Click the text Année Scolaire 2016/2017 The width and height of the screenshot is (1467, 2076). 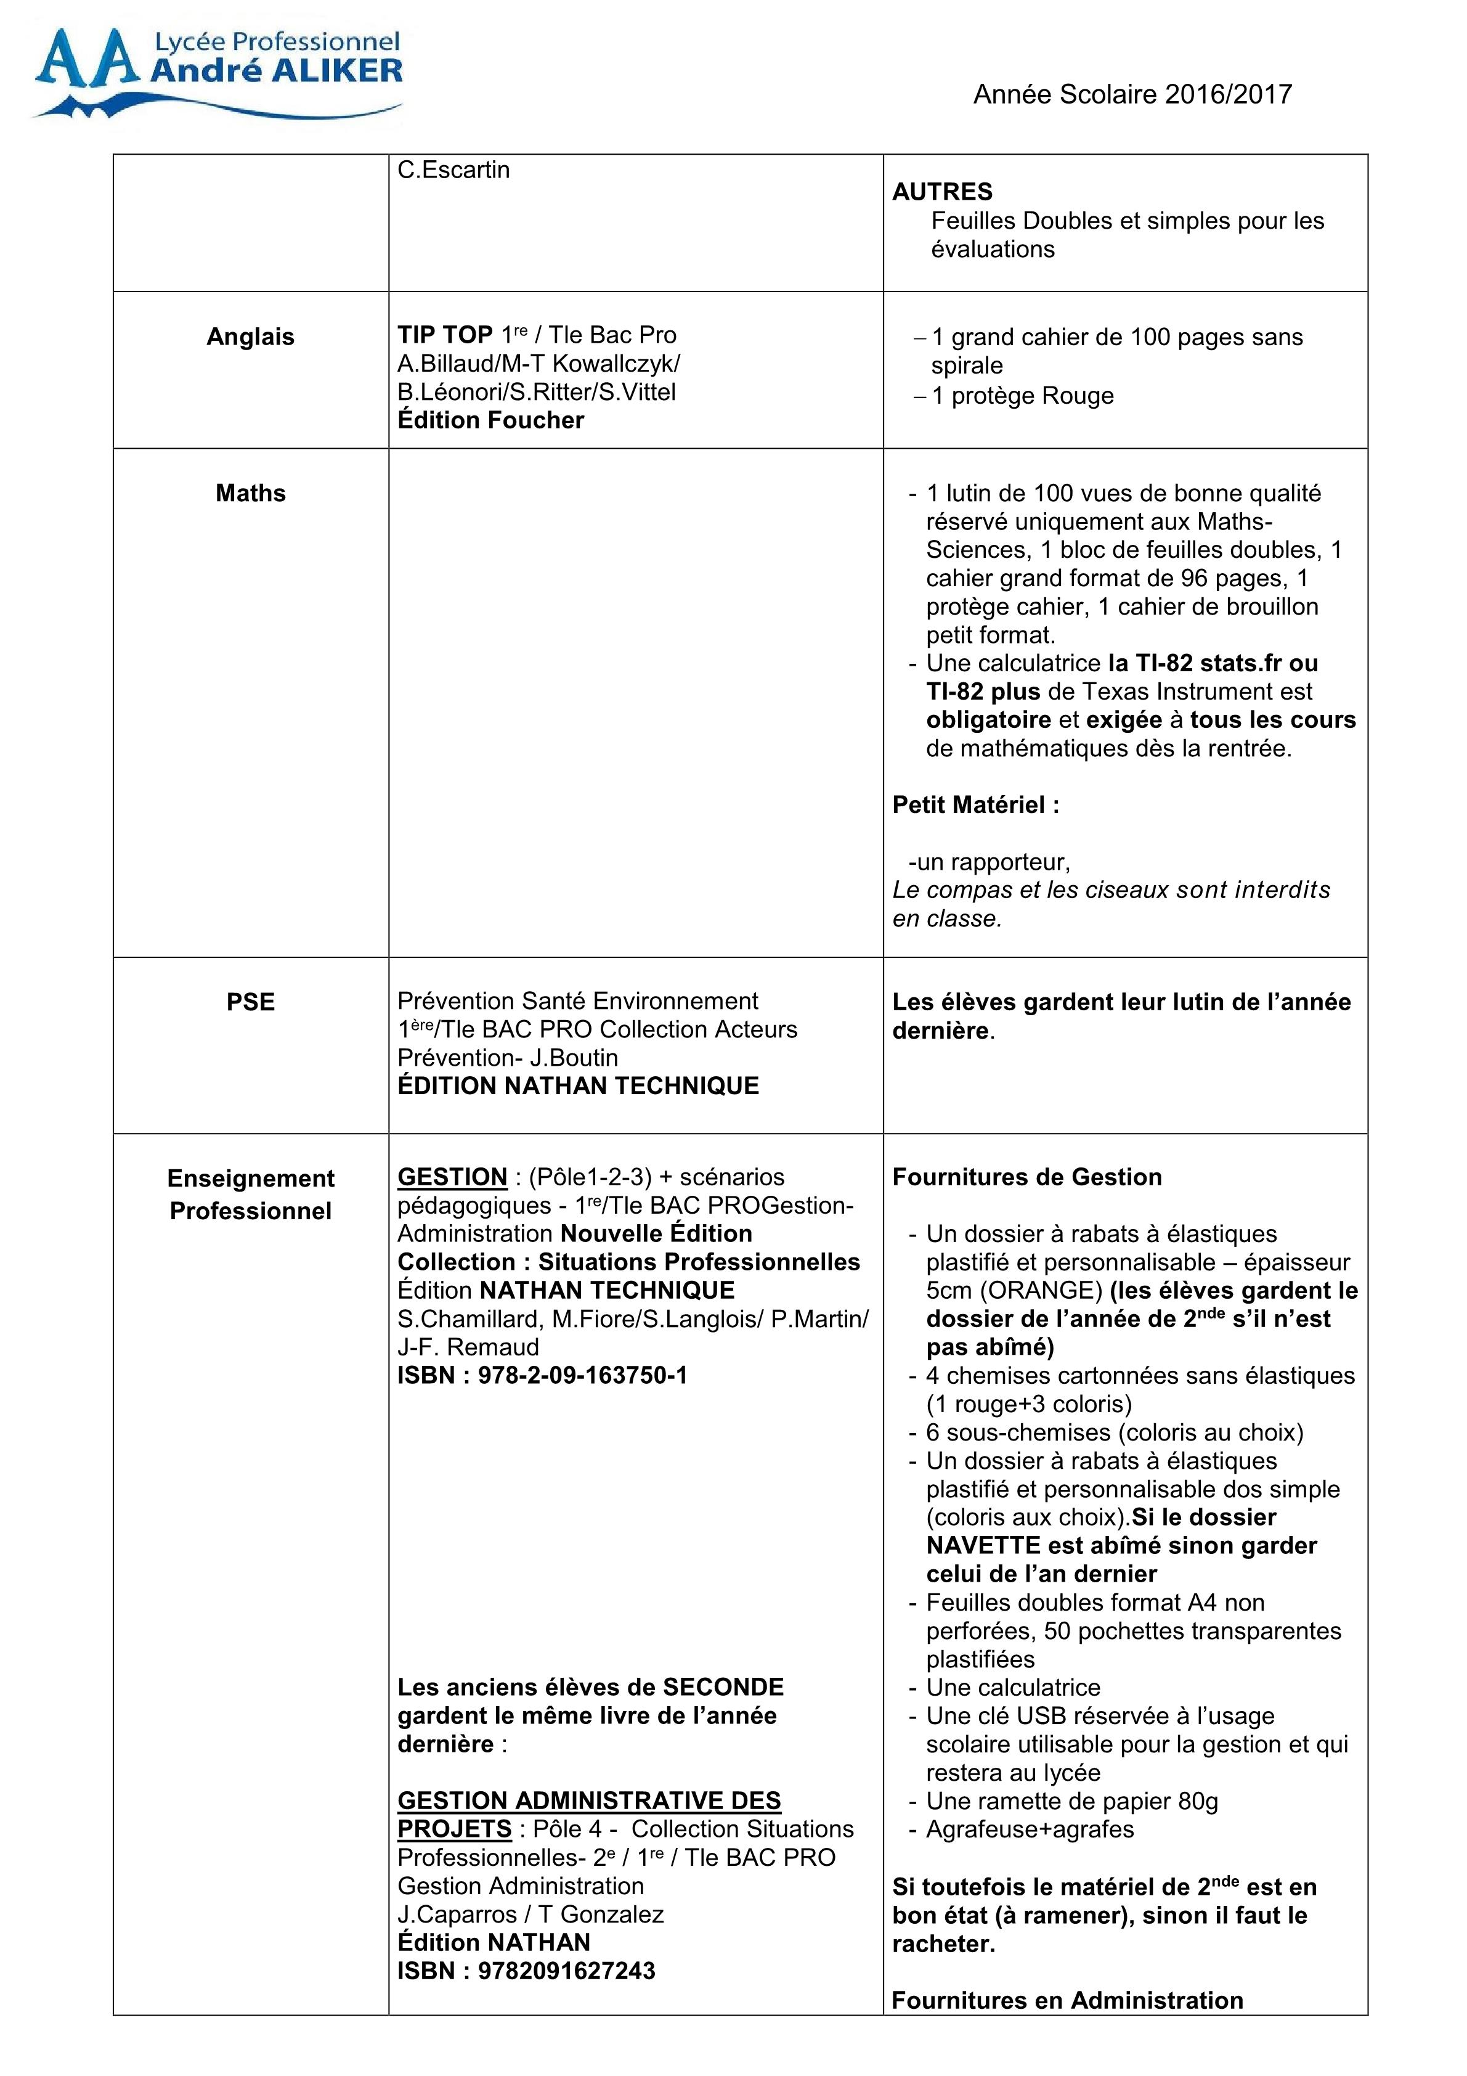coord(1132,94)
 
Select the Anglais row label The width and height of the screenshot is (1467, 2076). coord(250,337)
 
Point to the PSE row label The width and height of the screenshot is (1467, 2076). coord(250,1002)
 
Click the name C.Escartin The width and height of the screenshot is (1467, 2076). coord(453,170)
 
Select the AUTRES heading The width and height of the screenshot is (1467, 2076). coord(942,192)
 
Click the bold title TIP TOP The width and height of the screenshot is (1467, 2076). coord(445,335)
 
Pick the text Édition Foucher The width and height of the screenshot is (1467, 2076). coord(491,420)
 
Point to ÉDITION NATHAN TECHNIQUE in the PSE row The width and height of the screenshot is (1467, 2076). coord(577,1086)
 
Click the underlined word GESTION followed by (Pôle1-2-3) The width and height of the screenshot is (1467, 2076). coord(452,1177)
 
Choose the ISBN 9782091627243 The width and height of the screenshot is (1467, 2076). coord(526,1971)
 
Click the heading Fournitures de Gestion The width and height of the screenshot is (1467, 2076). coord(1027,1177)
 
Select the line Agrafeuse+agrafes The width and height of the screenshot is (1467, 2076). coord(1030,1829)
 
